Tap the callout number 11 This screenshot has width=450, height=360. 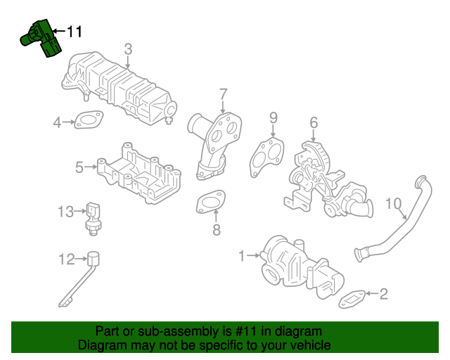[x=75, y=32]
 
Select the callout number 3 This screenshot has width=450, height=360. [x=128, y=49]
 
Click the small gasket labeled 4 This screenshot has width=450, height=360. [x=88, y=122]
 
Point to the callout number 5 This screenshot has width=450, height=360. [x=79, y=167]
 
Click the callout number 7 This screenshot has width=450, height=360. [x=223, y=94]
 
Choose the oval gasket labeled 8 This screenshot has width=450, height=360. [x=210, y=202]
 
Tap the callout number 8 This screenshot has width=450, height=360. [x=217, y=229]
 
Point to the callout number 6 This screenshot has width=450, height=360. [x=314, y=122]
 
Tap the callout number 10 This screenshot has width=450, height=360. [x=394, y=205]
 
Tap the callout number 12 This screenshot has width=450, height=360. [x=65, y=259]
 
